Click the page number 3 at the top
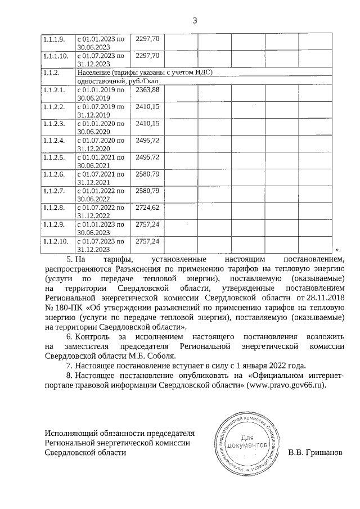pyautogui.click(x=195, y=21)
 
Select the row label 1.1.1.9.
pyautogui.click(x=55, y=39)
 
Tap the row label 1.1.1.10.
pyautogui.click(x=56, y=56)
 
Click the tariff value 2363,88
pyautogui.click(x=148, y=89)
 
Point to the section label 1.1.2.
pyautogui.click(x=51, y=73)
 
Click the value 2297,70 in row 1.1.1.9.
pyautogui.click(x=148, y=39)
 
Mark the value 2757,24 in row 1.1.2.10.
pyautogui.click(x=148, y=241)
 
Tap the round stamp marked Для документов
pyautogui.click(x=247, y=442)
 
